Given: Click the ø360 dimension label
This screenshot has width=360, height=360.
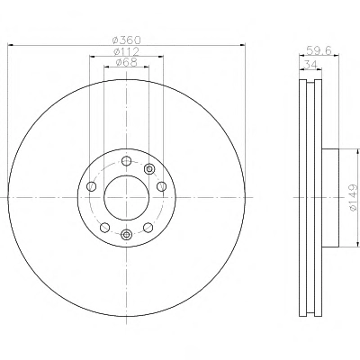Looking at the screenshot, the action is tap(126, 40).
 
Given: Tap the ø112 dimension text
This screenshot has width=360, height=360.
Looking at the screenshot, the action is tap(126, 51).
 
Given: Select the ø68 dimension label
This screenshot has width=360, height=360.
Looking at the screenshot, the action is tap(126, 62).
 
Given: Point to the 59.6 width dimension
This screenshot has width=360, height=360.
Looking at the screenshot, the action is tap(319, 50).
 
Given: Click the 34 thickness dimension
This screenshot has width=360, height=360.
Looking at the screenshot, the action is tap(310, 65).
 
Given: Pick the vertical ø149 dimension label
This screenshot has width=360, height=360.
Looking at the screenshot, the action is tap(355, 197).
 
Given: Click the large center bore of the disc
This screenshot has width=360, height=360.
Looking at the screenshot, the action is tap(126, 197).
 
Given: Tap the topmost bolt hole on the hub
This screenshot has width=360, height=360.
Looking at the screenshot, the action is tap(126, 161).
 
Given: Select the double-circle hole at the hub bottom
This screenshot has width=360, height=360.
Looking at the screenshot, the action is tap(126, 234).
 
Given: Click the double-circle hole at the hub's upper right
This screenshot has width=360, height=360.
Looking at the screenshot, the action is tap(149, 169).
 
